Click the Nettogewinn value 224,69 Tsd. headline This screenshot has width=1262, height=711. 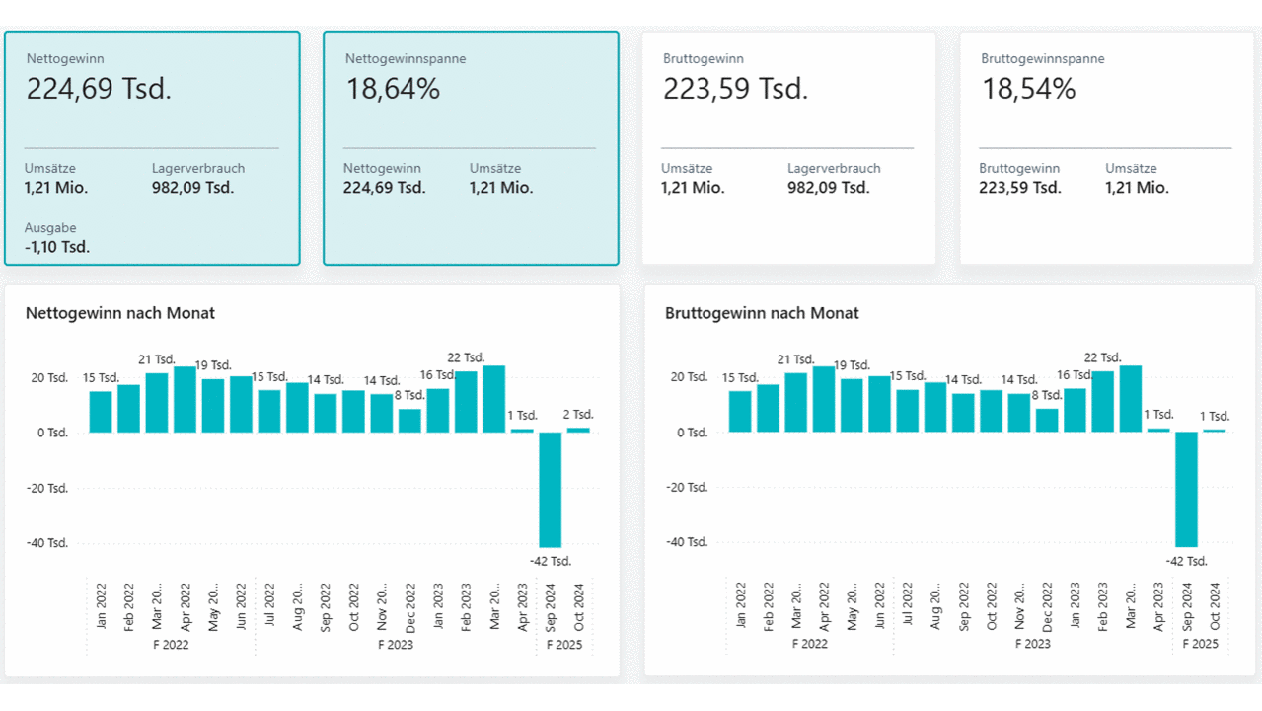coord(99,90)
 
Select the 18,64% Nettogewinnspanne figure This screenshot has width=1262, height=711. coord(393,90)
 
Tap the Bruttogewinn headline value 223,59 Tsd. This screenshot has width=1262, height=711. coord(735,90)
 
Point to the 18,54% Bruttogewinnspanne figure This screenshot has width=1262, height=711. coord(1028,90)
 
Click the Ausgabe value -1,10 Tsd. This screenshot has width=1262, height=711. coord(57,247)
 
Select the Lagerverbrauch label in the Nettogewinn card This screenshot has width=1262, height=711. coord(198,169)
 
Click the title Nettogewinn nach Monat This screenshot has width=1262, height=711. coord(120,313)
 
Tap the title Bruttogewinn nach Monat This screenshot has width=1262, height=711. coord(762,313)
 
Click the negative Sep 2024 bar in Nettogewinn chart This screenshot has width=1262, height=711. coord(550,490)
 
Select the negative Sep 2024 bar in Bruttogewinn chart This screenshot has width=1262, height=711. coord(1186,490)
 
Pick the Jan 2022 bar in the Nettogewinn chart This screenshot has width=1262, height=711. coord(101,412)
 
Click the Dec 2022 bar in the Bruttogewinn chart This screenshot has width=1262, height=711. coord(1047,421)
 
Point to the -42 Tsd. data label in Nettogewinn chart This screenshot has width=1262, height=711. coord(550,561)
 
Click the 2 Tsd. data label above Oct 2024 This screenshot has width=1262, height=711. coord(578,415)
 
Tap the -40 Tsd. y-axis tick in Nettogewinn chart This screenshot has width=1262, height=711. coord(46,543)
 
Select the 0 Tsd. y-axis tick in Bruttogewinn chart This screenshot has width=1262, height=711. coord(690,433)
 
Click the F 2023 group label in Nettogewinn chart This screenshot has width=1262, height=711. coord(396,645)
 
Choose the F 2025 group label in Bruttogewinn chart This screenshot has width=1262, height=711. coord(1201,644)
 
